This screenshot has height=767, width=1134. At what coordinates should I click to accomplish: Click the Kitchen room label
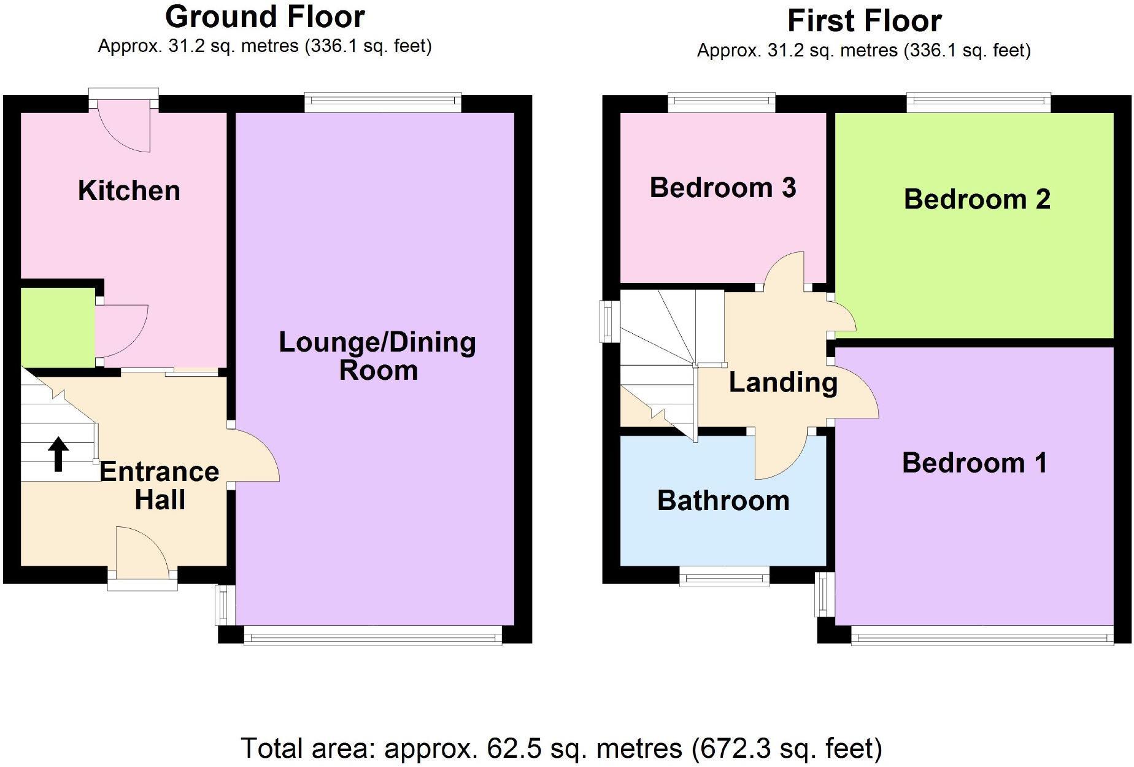click(x=129, y=191)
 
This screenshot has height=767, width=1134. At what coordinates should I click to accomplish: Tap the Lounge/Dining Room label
click(x=377, y=356)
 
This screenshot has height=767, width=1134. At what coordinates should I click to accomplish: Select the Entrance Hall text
click(x=160, y=485)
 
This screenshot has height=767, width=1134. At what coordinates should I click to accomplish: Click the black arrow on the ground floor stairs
click(x=58, y=454)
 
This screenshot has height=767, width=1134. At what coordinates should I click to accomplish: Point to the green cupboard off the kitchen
click(x=57, y=328)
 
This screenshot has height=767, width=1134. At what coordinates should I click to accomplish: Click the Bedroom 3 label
click(x=723, y=188)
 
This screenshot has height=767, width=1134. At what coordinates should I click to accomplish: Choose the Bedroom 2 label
click(x=977, y=199)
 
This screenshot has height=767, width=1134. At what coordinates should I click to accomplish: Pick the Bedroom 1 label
click(x=974, y=463)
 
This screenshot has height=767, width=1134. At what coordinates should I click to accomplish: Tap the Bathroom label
click(x=723, y=501)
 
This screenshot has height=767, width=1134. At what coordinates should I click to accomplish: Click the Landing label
click(x=783, y=382)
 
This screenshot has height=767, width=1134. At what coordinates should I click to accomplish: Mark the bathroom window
click(x=724, y=577)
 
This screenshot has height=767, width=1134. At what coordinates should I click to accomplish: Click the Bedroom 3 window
click(x=722, y=102)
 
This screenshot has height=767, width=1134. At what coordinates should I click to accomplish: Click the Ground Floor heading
click(x=265, y=17)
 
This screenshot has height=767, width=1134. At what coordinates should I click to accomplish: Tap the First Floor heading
click(x=864, y=21)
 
